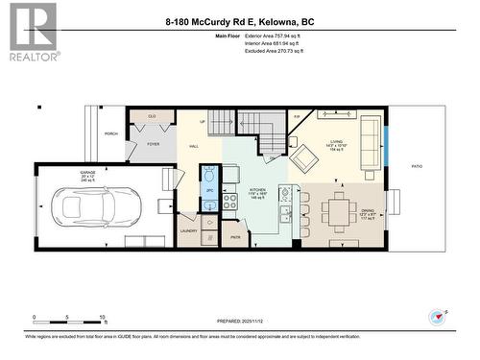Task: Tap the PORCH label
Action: [x=111, y=133]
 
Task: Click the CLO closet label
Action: [x=152, y=116]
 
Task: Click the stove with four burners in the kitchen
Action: [x=230, y=202]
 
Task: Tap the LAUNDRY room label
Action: [x=188, y=231]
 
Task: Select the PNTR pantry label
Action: [x=234, y=236]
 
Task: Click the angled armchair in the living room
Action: [x=305, y=157]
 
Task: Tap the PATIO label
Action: [x=417, y=167]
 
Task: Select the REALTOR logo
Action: [x=33, y=31]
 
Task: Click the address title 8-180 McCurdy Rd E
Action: [x=239, y=21]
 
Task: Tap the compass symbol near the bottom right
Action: [x=438, y=315]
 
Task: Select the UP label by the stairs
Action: [x=203, y=122]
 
